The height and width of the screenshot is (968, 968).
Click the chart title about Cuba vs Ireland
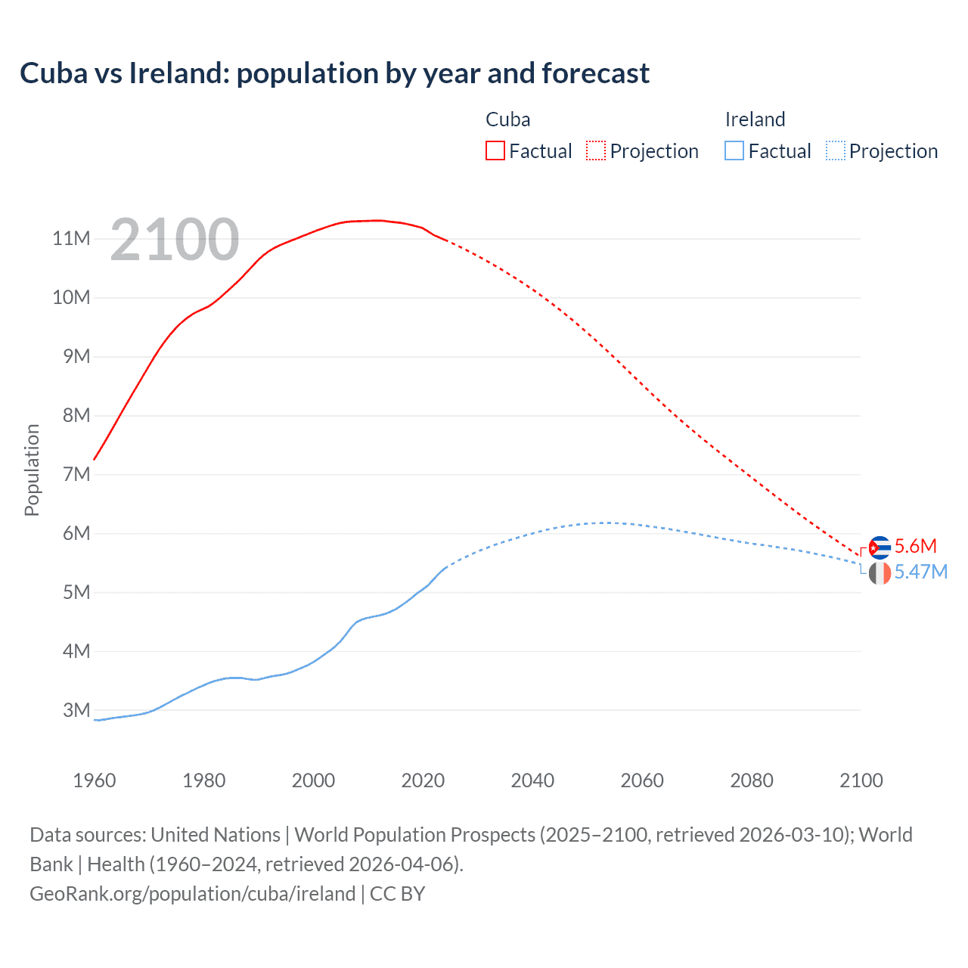pos(334,73)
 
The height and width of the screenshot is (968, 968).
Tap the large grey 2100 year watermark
pos(175,240)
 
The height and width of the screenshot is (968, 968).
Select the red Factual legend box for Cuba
pos(495,150)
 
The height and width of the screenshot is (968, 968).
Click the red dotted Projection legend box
pos(596,150)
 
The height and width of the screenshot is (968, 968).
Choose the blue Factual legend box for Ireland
pos(734,150)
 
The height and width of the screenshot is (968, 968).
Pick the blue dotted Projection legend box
pos(835,150)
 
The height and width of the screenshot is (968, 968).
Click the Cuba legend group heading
pos(507,119)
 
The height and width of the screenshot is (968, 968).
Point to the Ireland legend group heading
pos(755,119)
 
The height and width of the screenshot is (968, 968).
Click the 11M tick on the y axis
pos(71,239)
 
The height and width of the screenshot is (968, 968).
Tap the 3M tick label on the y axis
pos(76,710)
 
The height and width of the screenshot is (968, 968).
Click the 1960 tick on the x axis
pos(95,780)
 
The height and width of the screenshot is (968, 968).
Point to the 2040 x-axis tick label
pos(532,780)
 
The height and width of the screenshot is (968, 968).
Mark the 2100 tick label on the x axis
pos(861,780)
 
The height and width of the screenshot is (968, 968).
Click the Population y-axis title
pos(32,470)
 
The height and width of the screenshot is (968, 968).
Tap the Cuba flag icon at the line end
pos(880,547)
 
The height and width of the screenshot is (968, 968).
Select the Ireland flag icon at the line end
pos(880,573)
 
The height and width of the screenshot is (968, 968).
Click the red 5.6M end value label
pos(915,546)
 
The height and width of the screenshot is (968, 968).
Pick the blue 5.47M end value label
pos(920,572)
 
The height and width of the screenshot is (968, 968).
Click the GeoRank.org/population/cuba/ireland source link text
pos(192,894)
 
